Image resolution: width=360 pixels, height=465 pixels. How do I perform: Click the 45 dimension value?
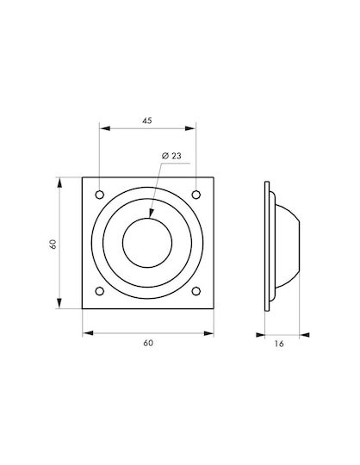point(147,121)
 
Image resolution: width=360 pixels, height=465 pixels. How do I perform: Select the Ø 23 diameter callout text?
point(171,156)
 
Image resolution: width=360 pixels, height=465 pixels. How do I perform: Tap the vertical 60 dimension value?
point(53,244)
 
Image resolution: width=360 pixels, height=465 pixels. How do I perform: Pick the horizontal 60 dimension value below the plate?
point(148,343)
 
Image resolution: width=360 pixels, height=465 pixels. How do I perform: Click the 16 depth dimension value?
point(279,344)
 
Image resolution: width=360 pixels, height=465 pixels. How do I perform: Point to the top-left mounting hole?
point(100,195)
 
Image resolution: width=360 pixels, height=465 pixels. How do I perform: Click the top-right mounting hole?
point(196,195)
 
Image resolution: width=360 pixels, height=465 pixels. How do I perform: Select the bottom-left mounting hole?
point(100,291)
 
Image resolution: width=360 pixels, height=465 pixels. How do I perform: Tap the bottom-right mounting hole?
point(196,291)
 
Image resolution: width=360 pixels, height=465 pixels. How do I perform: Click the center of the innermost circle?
point(147,243)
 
